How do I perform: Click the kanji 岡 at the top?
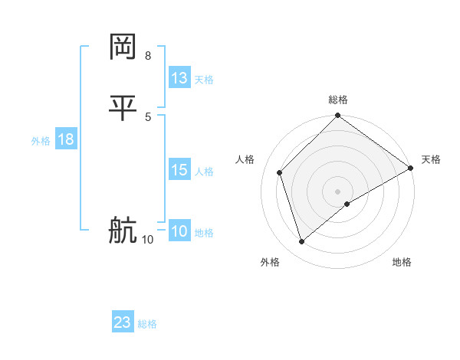(123, 47)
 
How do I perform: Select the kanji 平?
(123, 108)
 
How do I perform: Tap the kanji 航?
(123, 231)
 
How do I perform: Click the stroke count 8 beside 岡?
(147, 56)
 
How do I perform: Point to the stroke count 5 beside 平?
(147, 116)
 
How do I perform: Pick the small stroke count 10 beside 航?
(147, 240)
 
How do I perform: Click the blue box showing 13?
(179, 78)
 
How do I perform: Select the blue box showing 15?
(179, 171)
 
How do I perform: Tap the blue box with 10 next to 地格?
(179, 232)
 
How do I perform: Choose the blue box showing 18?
(65, 140)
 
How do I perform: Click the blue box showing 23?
(123, 322)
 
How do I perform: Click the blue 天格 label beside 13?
(204, 80)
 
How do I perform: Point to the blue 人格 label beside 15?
(204, 172)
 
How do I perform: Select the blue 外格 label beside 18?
(41, 141)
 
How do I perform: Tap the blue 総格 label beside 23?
(147, 324)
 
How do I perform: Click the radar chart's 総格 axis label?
(338, 100)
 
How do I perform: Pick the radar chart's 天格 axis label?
(431, 159)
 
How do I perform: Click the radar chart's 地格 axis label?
(402, 262)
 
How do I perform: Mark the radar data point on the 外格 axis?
(301, 242)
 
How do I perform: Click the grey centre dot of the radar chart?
(338, 191)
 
